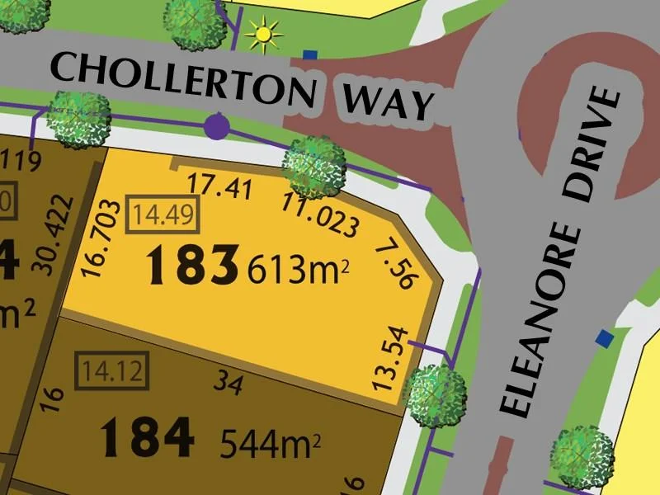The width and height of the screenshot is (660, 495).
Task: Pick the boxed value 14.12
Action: (x=112, y=370)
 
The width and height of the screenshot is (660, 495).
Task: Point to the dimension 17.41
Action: (x=219, y=186)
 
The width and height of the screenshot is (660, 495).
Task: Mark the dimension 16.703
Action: (x=97, y=240)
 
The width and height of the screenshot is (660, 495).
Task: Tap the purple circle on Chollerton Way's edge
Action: (x=217, y=126)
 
